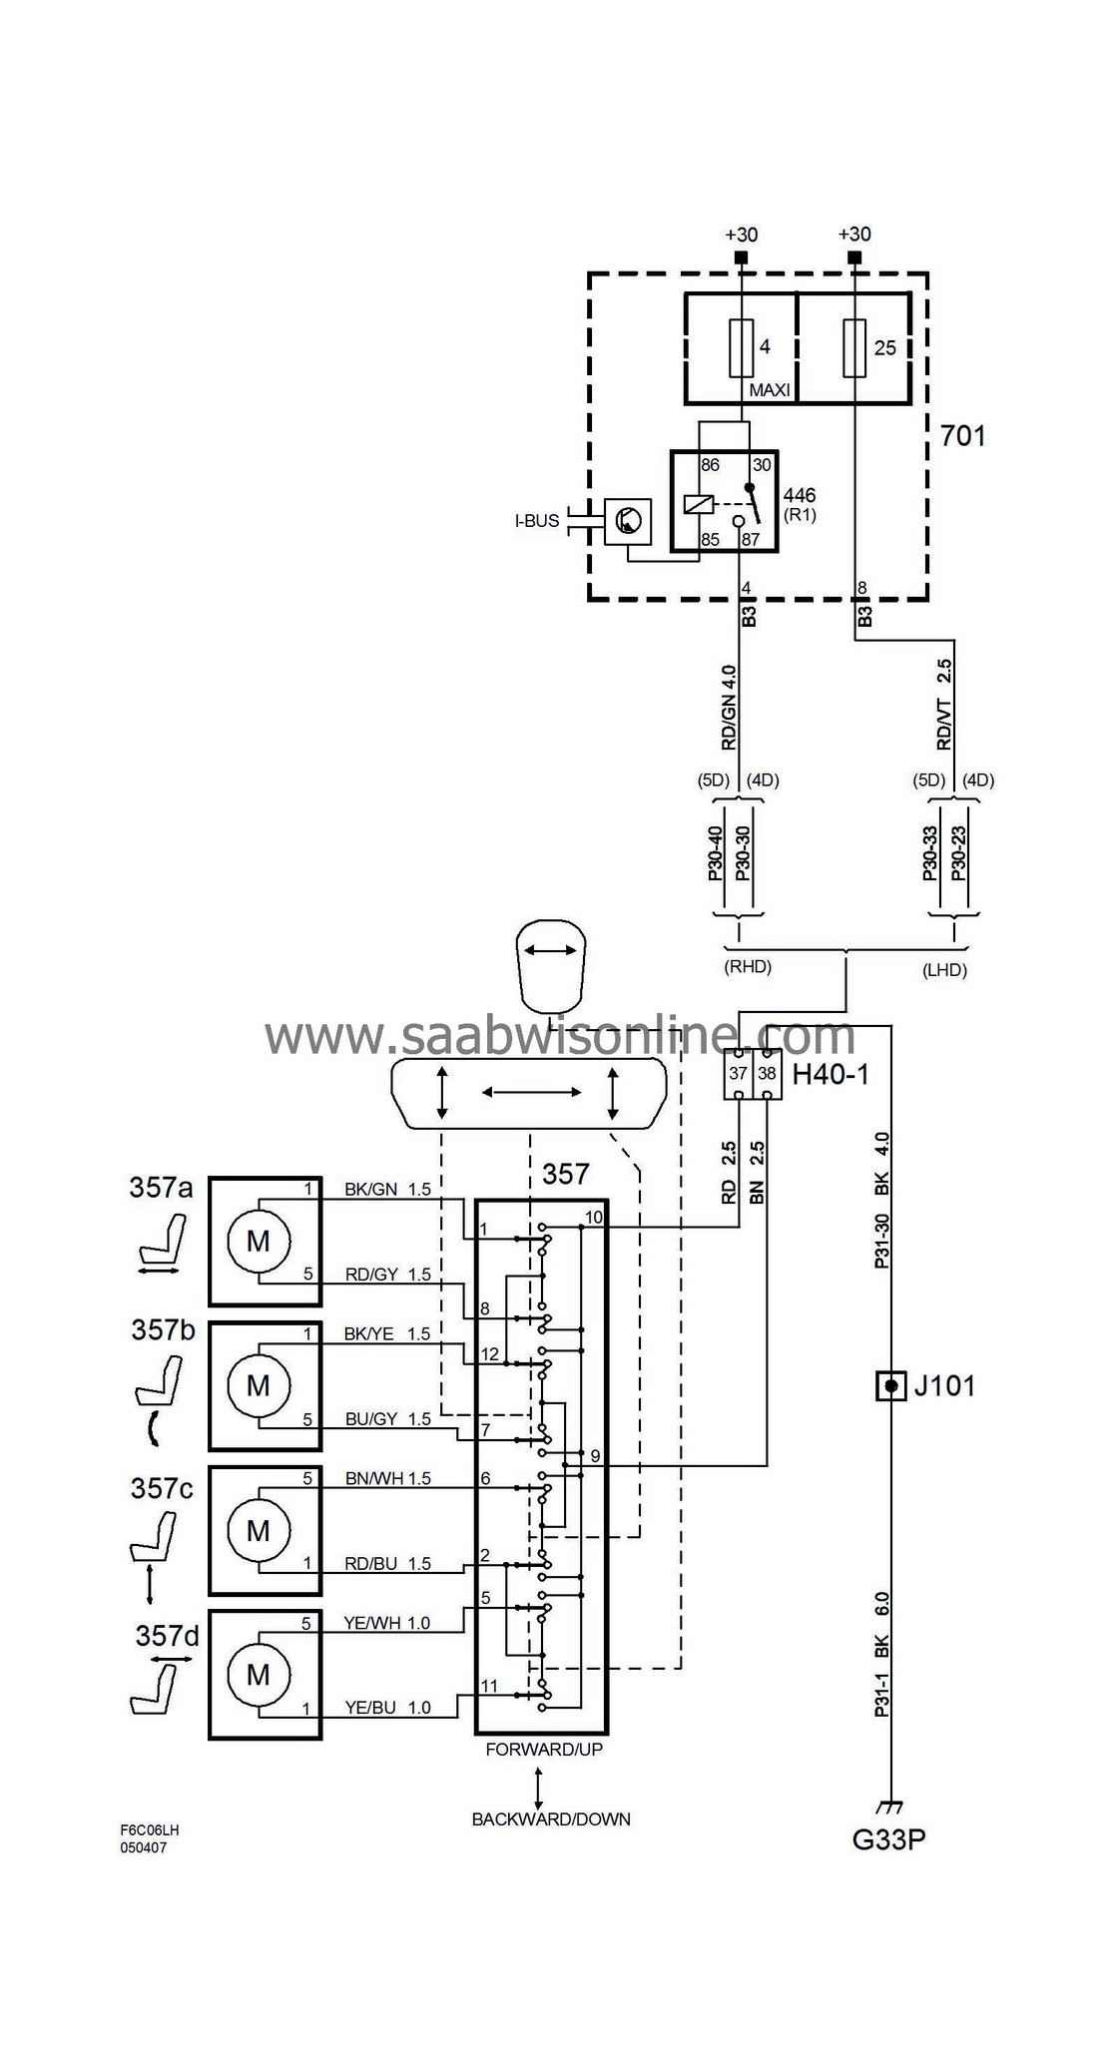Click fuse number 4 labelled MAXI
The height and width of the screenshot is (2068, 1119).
[x=742, y=348]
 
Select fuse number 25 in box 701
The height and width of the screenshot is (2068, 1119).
[x=854, y=348]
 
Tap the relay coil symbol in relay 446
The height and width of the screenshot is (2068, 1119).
[x=698, y=505]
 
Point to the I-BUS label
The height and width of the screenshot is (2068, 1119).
[x=537, y=521]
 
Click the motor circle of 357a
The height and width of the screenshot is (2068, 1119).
[x=258, y=1241]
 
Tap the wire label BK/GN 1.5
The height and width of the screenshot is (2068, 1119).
[x=387, y=1190]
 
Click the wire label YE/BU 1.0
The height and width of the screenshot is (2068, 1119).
[x=387, y=1708]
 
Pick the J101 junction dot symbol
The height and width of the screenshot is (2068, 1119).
[x=890, y=1386]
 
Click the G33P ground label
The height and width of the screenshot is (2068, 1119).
[x=888, y=1838]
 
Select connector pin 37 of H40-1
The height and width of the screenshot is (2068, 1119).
[x=738, y=1074]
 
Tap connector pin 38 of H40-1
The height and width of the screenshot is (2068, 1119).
[x=767, y=1074]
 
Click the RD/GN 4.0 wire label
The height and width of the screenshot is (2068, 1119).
[x=729, y=708]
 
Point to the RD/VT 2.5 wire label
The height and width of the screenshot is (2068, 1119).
[x=944, y=705]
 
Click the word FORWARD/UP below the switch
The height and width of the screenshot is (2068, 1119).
[x=544, y=1749]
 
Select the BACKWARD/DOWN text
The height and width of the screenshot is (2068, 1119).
[x=551, y=1818]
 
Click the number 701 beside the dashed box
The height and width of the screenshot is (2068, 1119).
[x=962, y=436]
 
